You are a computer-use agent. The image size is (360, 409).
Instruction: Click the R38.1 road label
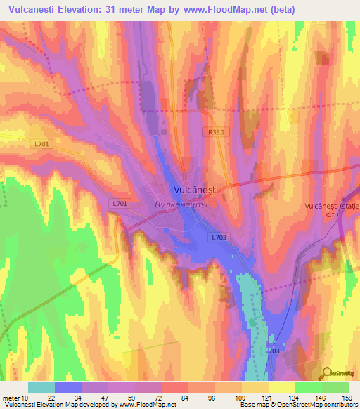tap(216, 131)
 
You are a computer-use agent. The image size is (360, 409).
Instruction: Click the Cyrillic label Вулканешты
tap(181, 204)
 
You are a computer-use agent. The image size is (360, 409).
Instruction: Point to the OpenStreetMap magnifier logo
tap(326, 374)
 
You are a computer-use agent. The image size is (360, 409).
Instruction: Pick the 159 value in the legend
tap(348, 396)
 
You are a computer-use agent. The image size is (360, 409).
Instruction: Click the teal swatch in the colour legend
tap(41, 387)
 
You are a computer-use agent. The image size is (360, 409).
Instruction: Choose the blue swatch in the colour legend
tap(68, 387)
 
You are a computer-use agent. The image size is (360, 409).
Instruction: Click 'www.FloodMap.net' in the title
tap(221, 9)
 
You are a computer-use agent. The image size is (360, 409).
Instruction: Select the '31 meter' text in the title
tap(129, 9)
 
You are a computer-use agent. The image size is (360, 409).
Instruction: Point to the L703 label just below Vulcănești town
tap(218, 238)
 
